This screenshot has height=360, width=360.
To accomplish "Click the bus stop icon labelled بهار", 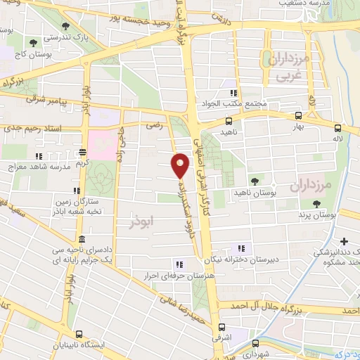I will click(x=298, y=116).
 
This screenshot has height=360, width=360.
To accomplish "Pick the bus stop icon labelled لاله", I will click(x=338, y=128).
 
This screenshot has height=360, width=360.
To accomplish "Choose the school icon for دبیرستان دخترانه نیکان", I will click(x=241, y=247).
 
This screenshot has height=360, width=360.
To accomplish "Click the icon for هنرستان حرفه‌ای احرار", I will click(x=179, y=264).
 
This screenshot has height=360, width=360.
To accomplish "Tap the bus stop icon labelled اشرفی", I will click(x=221, y=327).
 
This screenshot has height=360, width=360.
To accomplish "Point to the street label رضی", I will click(x=153, y=126).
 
